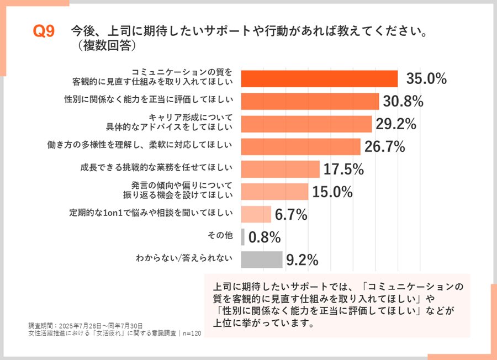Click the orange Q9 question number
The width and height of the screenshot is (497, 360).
click(x=44, y=32)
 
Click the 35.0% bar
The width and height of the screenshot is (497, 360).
click(x=320, y=79)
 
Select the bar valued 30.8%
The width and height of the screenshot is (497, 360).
click(x=310, y=102)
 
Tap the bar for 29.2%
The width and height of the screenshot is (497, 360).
click(x=306, y=124)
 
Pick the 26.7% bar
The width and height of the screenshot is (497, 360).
click(x=301, y=146)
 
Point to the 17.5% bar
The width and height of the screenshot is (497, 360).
click(x=281, y=168)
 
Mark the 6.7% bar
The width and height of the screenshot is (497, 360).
click(x=256, y=214)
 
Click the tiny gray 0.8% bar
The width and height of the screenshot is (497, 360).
click(x=243, y=236)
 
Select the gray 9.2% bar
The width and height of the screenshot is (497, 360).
click(x=262, y=259)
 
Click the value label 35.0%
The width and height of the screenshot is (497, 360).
click(x=426, y=79)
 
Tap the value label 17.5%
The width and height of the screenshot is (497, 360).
click(x=343, y=169)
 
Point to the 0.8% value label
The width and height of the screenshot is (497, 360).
click(x=265, y=237)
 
